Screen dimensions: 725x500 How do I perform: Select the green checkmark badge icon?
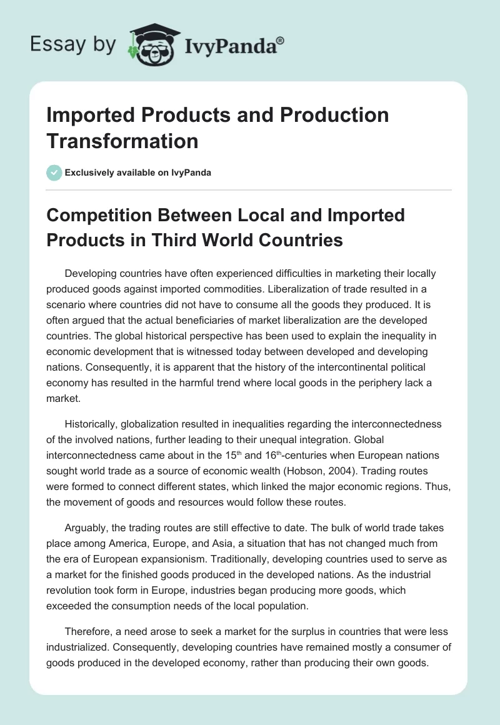tap(54, 172)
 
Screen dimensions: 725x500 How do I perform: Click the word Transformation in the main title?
tap(122, 141)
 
